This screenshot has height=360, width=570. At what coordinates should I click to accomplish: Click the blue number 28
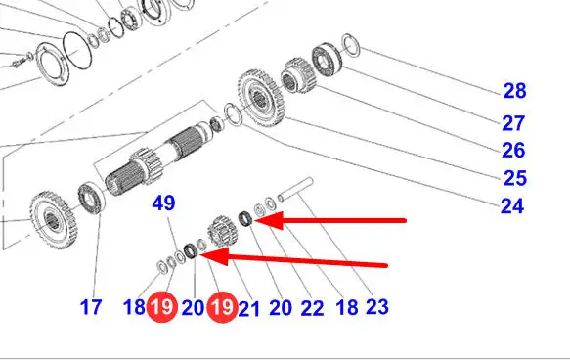[x=514, y=91]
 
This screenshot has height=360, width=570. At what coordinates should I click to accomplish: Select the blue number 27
[x=513, y=123]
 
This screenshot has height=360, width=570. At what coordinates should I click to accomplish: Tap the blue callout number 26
[x=513, y=151]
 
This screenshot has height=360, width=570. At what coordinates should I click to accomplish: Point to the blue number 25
[x=514, y=178]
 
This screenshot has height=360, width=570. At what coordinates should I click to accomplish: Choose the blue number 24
[x=512, y=206]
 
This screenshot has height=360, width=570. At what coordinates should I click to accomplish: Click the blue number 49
[x=163, y=202]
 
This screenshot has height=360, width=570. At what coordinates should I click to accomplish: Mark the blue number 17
[x=91, y=307]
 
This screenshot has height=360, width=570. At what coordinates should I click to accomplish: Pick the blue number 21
[x=248, y=309]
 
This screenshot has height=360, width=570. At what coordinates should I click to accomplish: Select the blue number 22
[x=312, y=308]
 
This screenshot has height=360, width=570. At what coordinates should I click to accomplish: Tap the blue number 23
[x=377, y=307]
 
